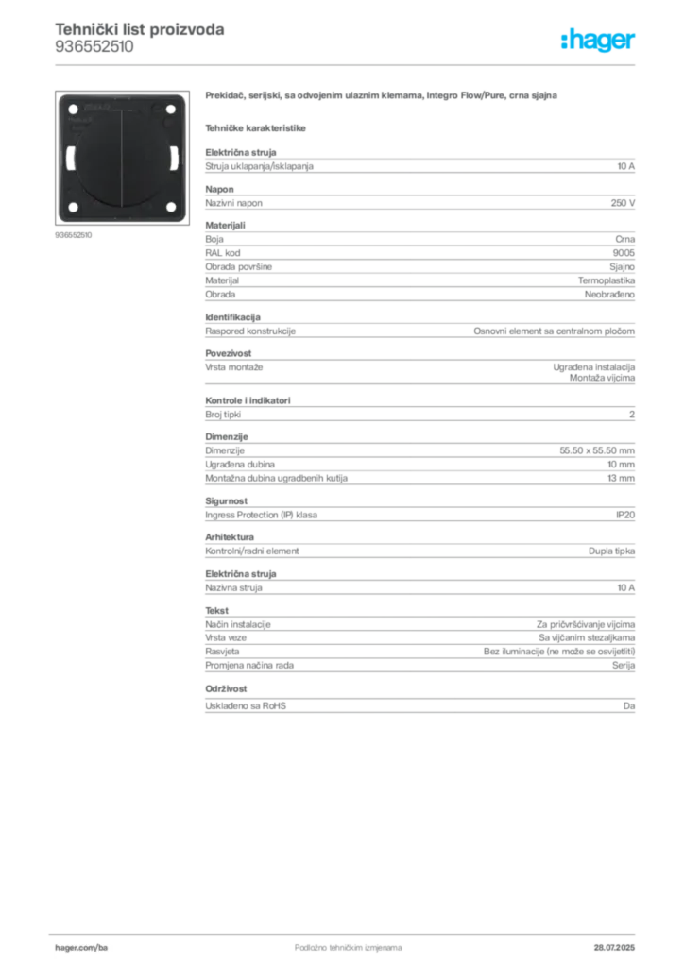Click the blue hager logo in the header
tap(599, 41)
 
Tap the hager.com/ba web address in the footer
tap(83, 948)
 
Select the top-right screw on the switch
tap(169, 109)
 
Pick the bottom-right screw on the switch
tap(169, 207)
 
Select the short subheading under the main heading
tap(257, 127)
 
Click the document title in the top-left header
tap(139, 29)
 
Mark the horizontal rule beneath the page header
tap(348, 63)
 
